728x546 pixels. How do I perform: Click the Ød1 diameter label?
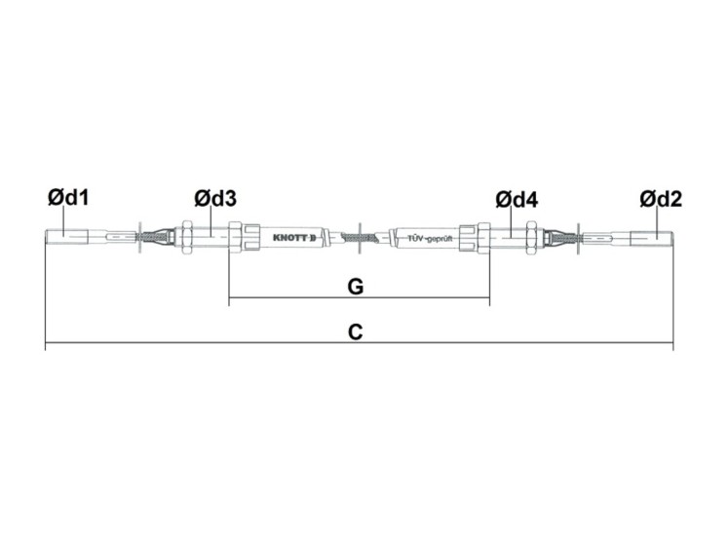click(68, 198)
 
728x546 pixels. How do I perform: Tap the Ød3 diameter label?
click(215, 199)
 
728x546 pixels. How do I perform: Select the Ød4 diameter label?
click(517, 200)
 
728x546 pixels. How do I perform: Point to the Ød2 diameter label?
click(661, 199)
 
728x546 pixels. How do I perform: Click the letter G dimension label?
click(356, 287)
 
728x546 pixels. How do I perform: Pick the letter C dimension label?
click(355, 332)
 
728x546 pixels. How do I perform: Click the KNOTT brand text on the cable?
click(294, 238)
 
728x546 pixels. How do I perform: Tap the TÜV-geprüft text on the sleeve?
click(430, 238)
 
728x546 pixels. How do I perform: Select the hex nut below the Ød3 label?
click(187, 237)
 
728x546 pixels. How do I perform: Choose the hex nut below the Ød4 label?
click(532, 238)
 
